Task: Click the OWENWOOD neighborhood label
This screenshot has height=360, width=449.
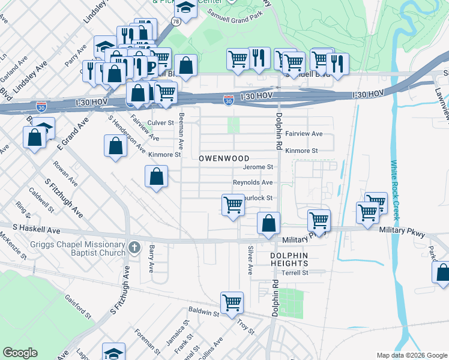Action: click(x=224, y=158)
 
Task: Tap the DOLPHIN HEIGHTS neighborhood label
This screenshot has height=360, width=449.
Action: click(x=280, y=260)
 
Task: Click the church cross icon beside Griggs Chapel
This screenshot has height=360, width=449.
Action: click(x=134, y=247)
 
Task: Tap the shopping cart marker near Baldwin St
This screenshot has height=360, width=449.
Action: click(x=232, y=302)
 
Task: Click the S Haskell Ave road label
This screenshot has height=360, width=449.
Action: click(x=37, y=230)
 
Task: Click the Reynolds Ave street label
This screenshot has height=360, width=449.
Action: click(x=253, y=182)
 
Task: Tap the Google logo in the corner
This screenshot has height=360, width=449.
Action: click(x=20, y=353)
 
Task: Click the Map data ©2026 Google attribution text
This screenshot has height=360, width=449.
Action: click(x=411, y=355)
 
